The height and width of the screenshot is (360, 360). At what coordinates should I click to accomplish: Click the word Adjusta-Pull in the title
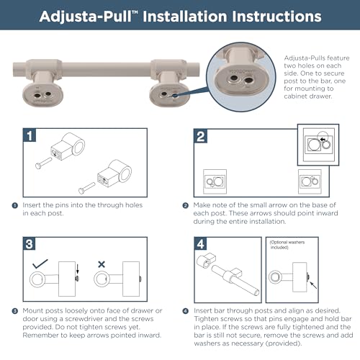(x=86, y=17)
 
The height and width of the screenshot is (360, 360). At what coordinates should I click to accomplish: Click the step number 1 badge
(x=30, y=135)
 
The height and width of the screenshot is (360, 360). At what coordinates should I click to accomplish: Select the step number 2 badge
(x=200, y=136)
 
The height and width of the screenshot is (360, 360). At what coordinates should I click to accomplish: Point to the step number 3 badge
(x=30, y=244)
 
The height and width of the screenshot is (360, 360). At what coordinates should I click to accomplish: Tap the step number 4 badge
(x=200, y=244)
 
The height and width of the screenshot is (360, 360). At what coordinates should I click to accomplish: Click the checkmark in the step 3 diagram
(x=40, y=264)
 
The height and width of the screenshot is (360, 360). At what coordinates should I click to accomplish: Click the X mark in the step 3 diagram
(x=102, y=264)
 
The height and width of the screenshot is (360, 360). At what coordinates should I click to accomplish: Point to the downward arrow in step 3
(x=77, y=268)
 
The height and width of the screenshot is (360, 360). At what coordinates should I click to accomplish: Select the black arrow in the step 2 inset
(x=324, y=140)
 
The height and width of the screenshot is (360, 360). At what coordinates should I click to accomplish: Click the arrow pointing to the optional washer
(x=313, y=285)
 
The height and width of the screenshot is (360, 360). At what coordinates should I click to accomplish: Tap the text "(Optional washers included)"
(x=287, y=245)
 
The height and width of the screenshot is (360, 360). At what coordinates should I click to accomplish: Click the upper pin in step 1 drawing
(x=43, y=163)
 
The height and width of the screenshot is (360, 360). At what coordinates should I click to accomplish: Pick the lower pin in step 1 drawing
(x=86, y=188)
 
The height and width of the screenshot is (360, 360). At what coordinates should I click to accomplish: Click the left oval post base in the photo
(x=42, y=96)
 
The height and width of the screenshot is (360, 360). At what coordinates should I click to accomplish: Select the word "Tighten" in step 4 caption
(x=206, y=319)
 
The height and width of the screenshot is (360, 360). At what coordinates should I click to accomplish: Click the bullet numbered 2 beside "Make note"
(x=185, y=205)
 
